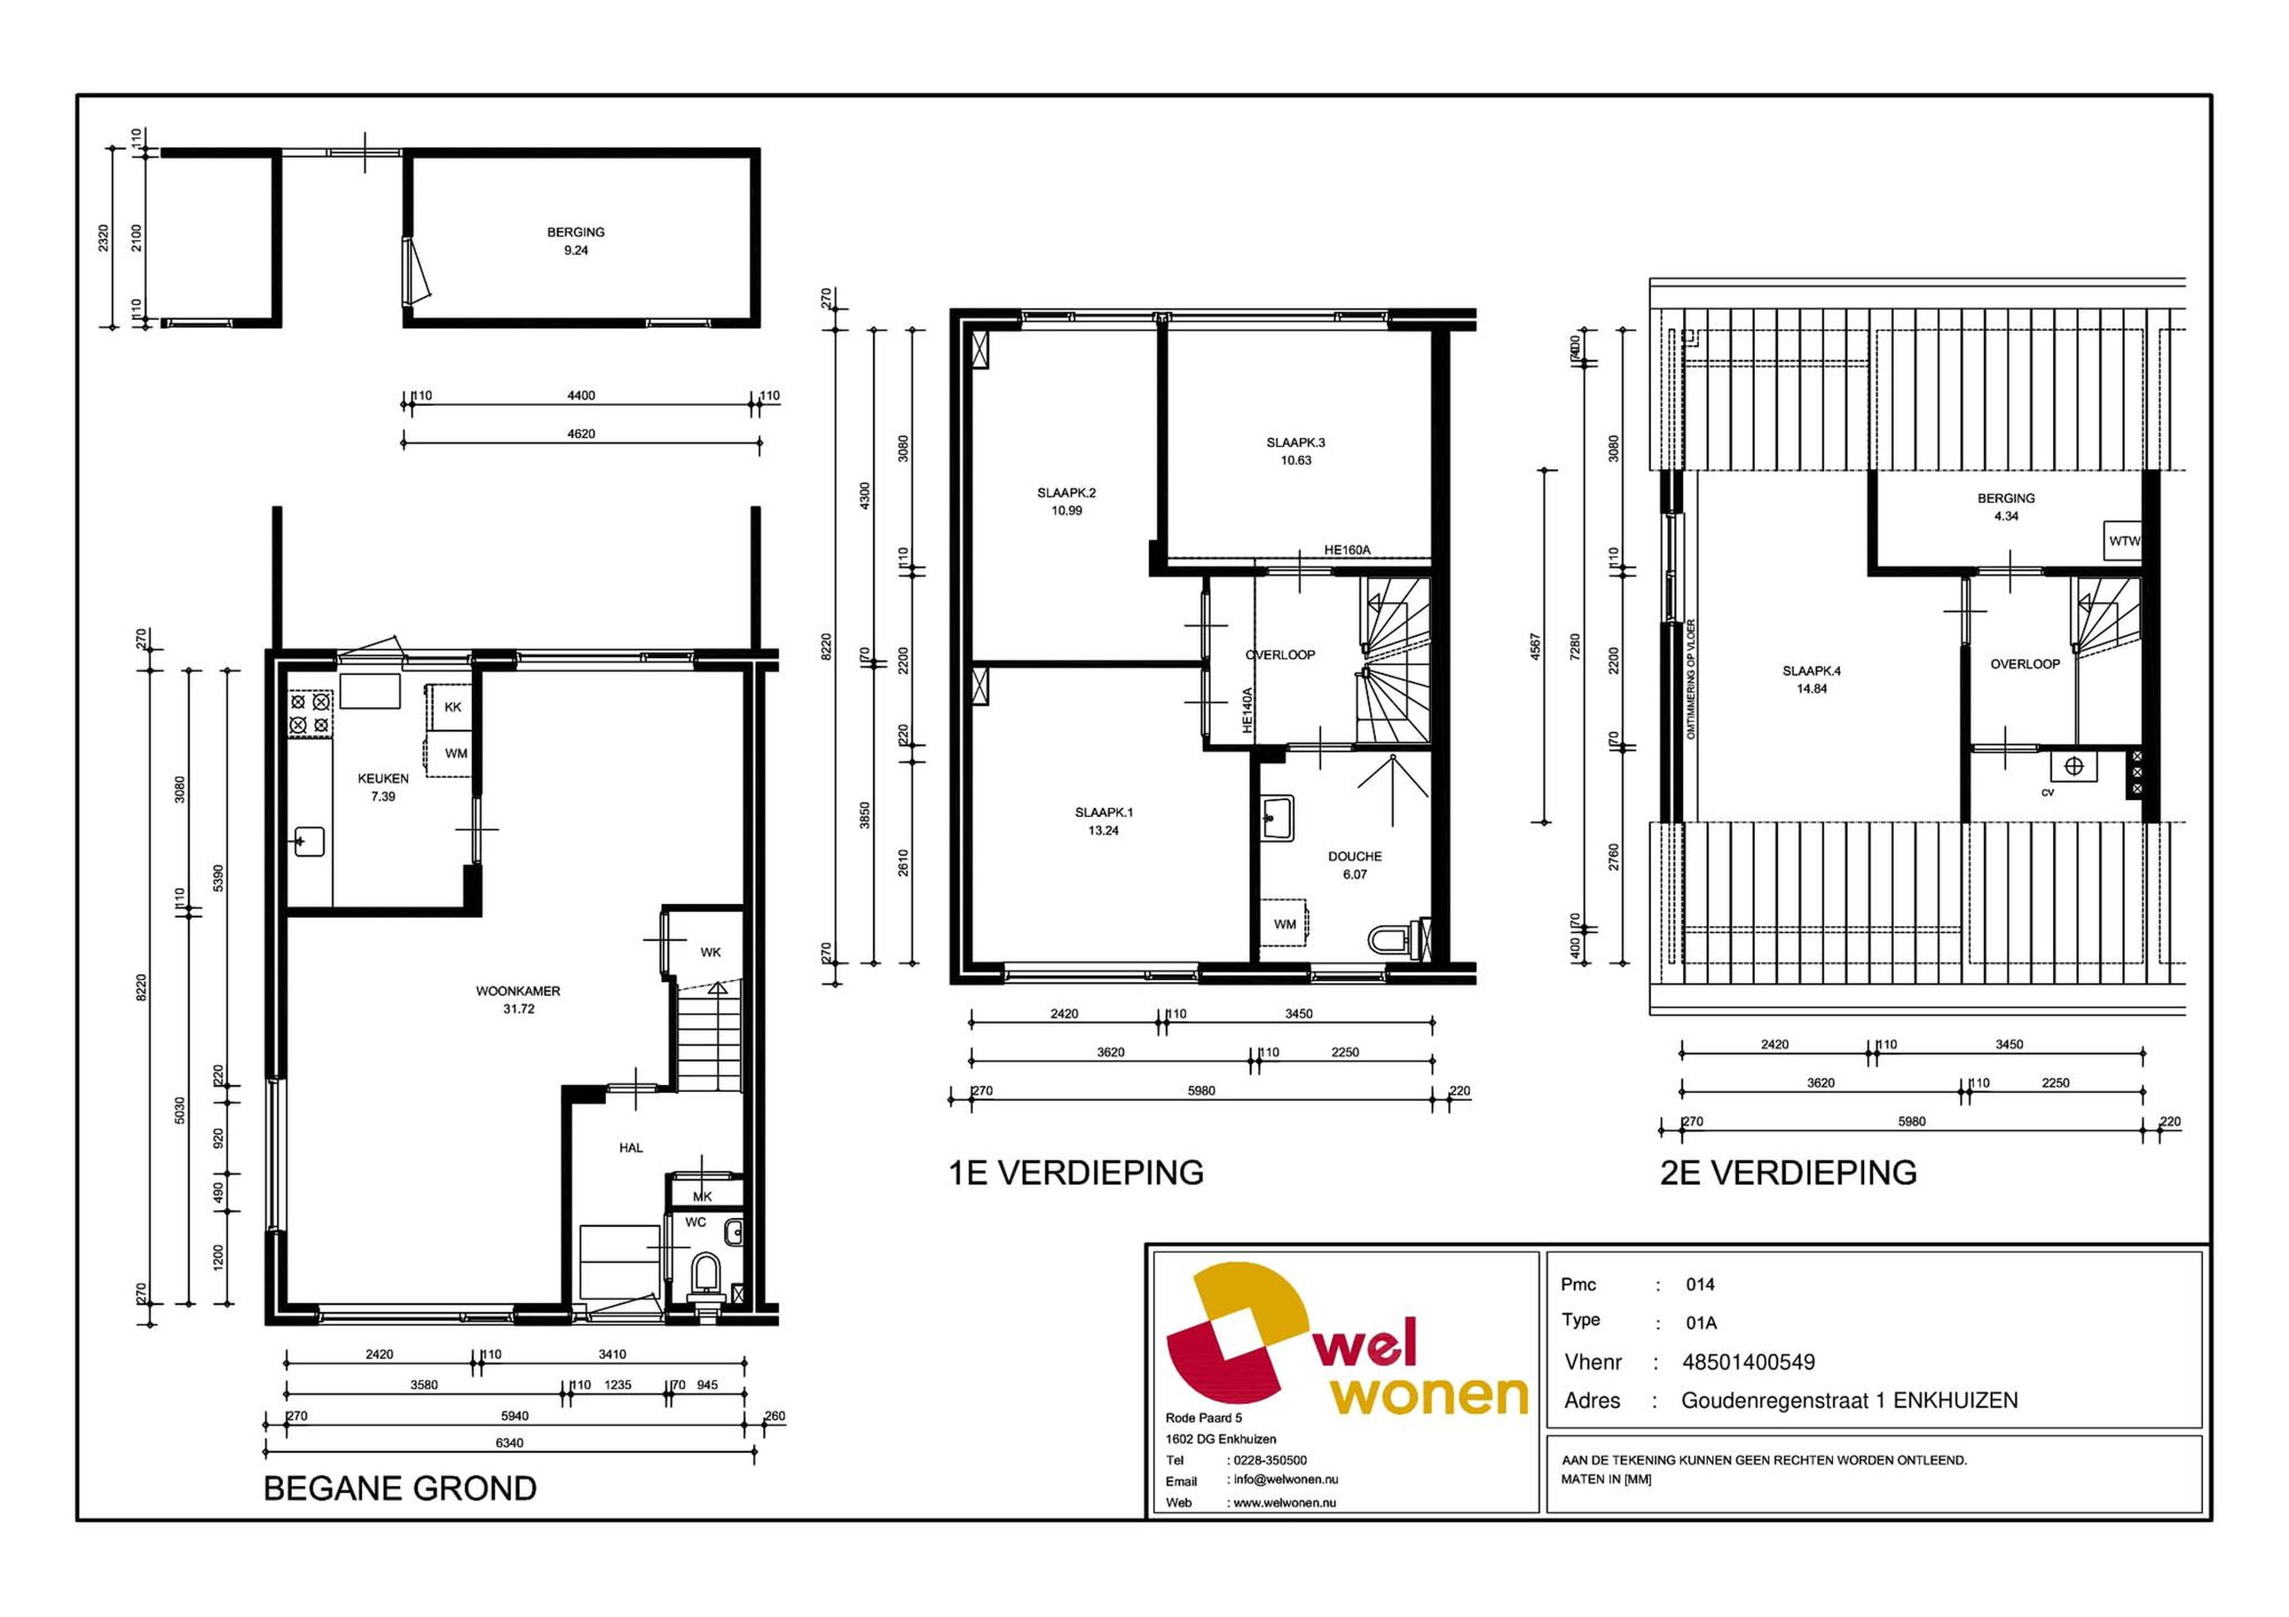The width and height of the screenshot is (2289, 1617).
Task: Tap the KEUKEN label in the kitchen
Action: (x=383, y=778)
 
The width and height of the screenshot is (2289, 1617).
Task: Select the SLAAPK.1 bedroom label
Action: (x=1103, y=812)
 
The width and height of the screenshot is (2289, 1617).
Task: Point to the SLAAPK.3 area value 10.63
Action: (x=1296, y=461)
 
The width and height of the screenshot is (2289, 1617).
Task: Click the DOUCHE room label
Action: (x=1355, y=856)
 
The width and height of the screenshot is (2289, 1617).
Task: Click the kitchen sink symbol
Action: (x=308, y=842)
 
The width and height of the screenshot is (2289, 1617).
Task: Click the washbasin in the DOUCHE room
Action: (x=1276, y=818)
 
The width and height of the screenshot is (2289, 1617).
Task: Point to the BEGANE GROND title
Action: (x=400, y=1488)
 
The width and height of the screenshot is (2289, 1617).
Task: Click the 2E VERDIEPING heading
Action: (x=1788, y=1172)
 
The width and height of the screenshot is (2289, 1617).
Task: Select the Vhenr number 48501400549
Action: (x=1749, y=1362)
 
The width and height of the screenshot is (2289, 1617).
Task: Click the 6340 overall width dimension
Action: (x=508, y=1442)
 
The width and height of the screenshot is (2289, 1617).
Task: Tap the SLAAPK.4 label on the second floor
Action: (x=1812, y=671)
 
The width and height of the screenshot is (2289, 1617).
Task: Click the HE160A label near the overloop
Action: (x=1347, y=550)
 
